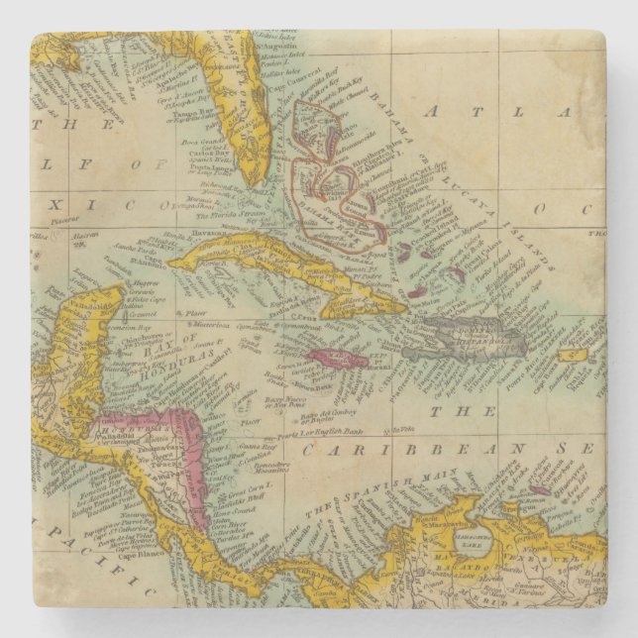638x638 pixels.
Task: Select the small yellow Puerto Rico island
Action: click(573, 354)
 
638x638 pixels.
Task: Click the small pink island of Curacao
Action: click(539, 488)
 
